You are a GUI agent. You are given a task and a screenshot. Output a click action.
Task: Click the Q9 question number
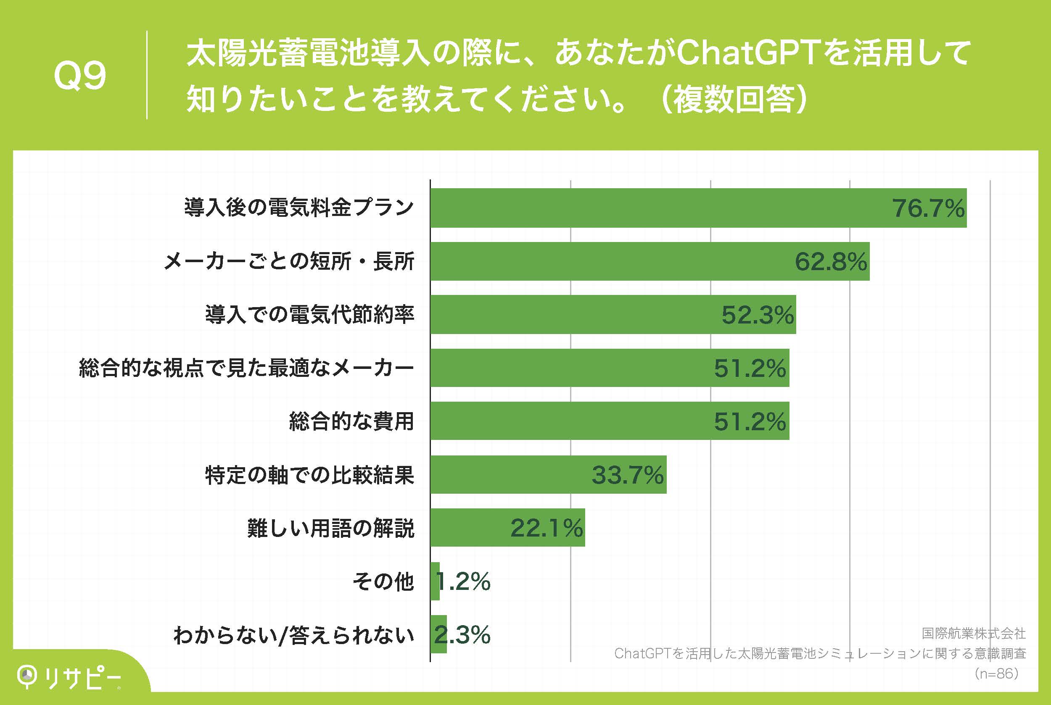pos(79,76)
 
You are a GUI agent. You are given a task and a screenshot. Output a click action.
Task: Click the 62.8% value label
pos(831,262)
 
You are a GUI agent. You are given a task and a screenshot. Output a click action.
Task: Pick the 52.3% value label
pos(758,315)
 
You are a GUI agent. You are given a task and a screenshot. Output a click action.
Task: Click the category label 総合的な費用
pos(351,421)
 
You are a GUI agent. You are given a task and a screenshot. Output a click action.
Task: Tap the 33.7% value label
pos(627,475)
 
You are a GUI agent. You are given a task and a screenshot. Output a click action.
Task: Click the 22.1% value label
pos(546,528)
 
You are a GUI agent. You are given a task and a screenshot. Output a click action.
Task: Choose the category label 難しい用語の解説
pos(331,528)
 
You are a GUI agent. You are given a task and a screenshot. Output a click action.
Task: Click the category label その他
pos(383,582)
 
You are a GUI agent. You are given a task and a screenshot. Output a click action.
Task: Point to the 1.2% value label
pos(463,582)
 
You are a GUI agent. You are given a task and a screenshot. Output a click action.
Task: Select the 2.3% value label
pos(462,635)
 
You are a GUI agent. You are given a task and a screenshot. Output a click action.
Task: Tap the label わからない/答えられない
pos(294,635)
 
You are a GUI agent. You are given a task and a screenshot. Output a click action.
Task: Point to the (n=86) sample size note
pos(996,673)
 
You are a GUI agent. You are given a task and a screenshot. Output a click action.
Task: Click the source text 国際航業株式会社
pos(974,634)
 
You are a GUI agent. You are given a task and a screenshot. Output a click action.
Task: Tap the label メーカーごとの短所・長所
pos(289,262)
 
